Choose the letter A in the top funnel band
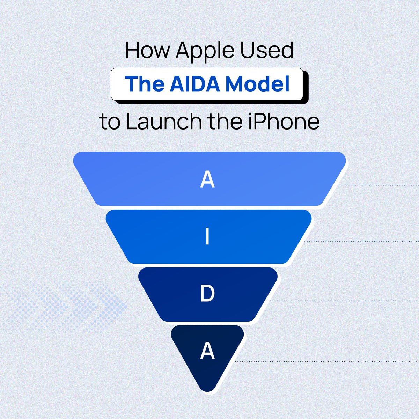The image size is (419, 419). coord(207,180)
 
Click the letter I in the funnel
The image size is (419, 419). coord(207,237)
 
